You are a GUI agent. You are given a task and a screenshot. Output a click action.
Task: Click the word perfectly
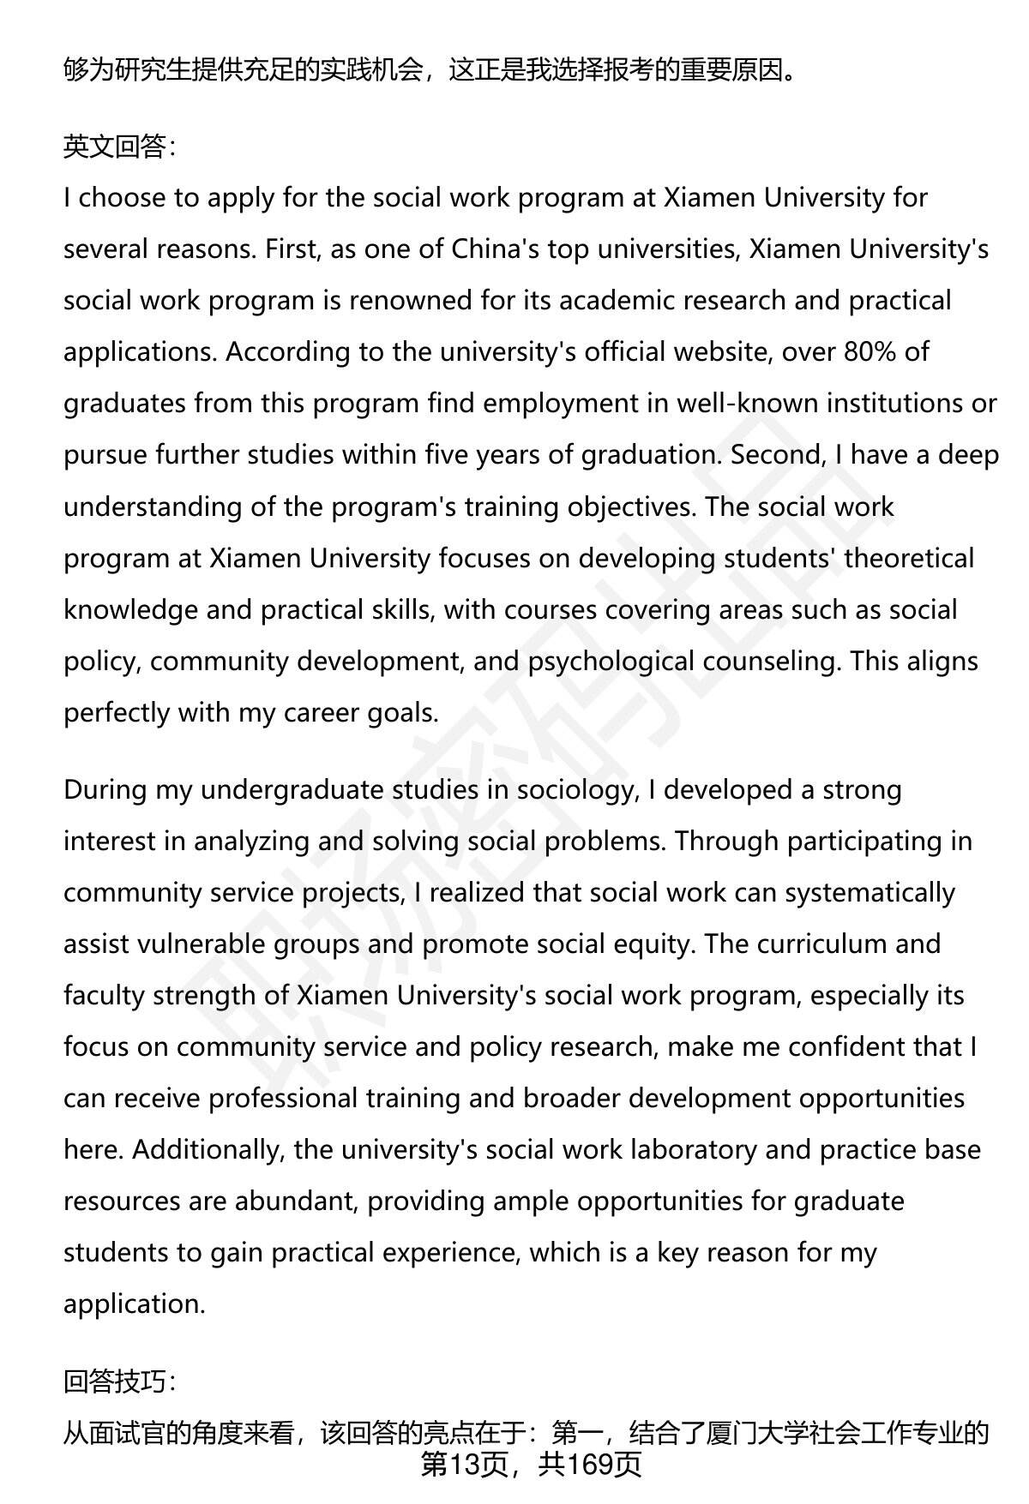pos(117,713)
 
